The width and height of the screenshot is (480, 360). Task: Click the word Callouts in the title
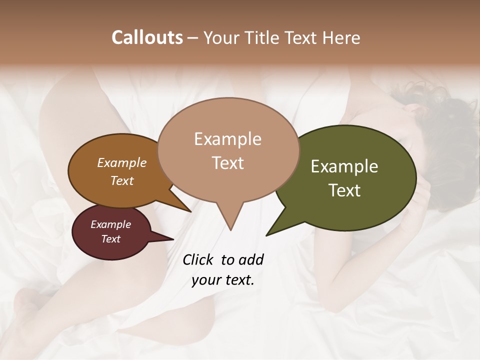point(147,37)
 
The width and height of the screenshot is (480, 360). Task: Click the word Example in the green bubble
point(344,166)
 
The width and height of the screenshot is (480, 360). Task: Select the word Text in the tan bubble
point(228,163)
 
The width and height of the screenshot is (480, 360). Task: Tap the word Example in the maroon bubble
point(110,224)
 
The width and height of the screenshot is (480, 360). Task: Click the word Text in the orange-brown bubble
point(122,181)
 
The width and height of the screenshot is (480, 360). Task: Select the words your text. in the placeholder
point(223,280)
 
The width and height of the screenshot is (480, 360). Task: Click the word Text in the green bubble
point(345,190)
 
